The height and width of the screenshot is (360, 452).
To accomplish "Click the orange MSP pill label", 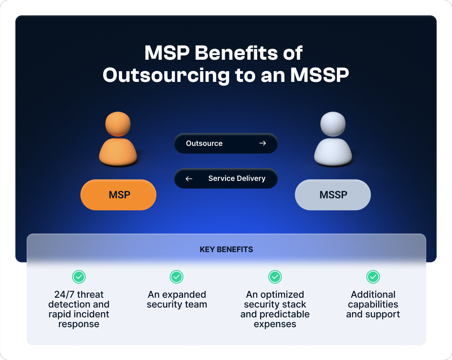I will [x=119, y=195].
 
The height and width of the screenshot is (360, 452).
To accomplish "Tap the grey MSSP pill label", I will [x=333, y=195].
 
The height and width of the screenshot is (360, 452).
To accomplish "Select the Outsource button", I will [x=226, y=143].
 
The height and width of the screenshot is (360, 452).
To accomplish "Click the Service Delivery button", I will [x=226, y=178].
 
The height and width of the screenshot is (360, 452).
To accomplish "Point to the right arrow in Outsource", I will [x=263, y=143].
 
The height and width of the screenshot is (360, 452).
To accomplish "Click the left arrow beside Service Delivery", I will [x=189, y=179].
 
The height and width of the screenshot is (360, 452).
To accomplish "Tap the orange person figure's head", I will [x=118, y=124].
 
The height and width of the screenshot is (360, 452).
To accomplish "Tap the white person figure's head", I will [x=333, y=124].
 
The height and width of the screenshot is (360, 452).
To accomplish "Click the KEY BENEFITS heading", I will [x=226, y=250].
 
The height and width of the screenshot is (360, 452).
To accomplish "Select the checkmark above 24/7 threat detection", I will [x=79, y=277].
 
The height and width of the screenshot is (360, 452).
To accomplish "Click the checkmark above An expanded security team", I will [x=177, y=277].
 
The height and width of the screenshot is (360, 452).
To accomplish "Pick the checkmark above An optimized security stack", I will [x=275, y=277].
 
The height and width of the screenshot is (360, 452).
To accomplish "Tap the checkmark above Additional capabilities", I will [x=373, y=277].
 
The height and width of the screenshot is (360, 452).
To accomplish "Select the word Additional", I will [x=373, y=295].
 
